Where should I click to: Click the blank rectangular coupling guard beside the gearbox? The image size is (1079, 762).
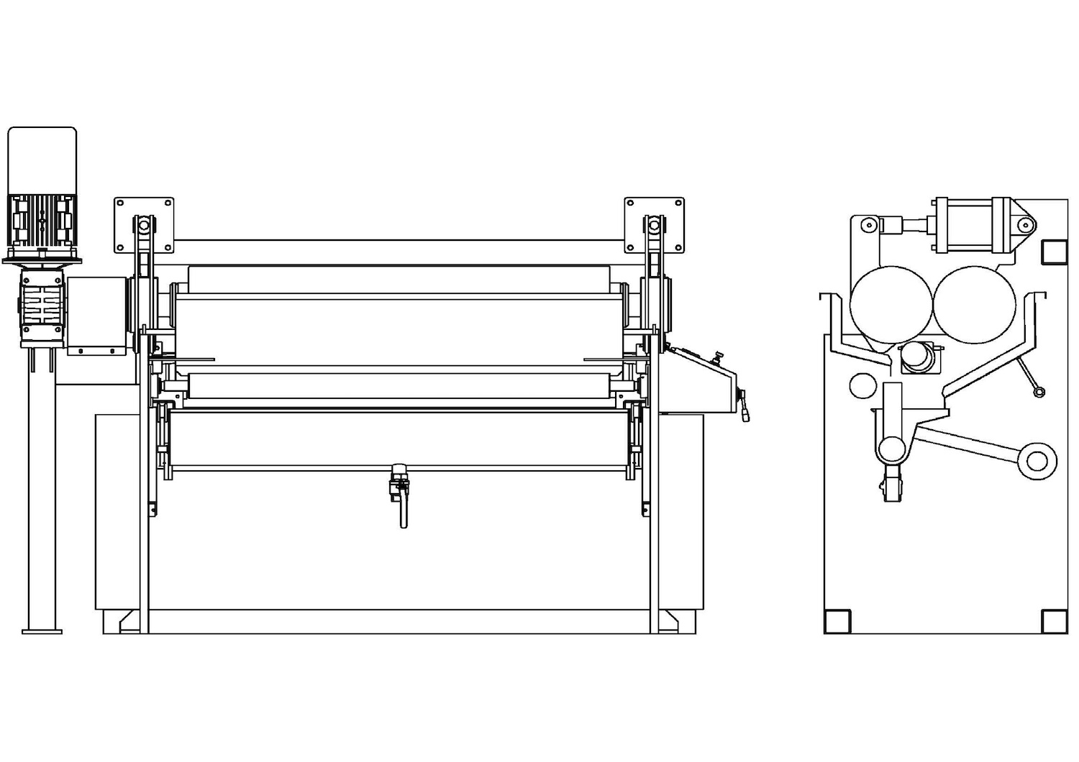coord(96,315)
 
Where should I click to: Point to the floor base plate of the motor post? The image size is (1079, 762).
coord(42,630)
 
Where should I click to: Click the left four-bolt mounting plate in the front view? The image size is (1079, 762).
coord(144,224)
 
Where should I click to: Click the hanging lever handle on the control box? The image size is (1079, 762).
coord(745,407)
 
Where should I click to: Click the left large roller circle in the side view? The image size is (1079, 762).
coord(891,303)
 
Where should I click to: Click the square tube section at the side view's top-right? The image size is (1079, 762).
coord(1054,251)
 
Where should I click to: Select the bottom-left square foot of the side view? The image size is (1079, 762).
coord(837,621)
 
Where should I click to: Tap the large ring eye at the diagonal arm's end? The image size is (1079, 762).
coord(1037,459)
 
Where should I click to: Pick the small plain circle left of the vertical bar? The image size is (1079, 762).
coord(861,385)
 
